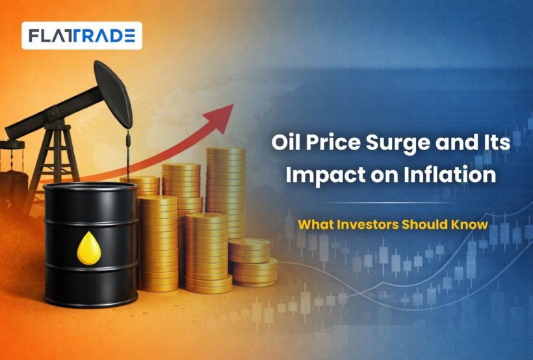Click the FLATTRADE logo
point(82,36)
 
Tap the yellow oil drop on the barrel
point(89,248)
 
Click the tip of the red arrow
point(233,105)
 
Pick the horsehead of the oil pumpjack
point(113,94)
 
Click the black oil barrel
point(91,244)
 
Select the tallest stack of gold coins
point(226,193)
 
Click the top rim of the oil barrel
point(91,187)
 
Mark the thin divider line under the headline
point(391,203)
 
